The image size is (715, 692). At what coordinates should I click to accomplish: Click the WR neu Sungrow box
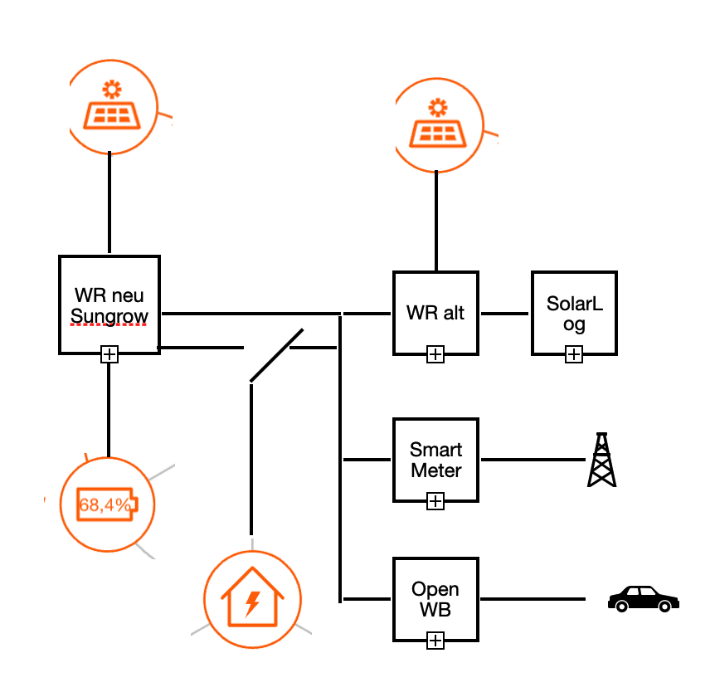point(109,305)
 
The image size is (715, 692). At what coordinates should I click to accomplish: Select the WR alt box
point(435,314)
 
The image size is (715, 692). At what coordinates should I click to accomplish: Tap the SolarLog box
point(574,313)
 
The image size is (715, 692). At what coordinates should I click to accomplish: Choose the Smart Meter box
point(435,460)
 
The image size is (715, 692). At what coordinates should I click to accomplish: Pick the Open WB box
point(435,598)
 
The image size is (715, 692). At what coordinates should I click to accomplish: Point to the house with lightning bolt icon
point(252,598)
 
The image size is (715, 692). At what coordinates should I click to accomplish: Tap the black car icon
point(643,598)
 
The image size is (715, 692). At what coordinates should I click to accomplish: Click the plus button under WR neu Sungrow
point(109,355)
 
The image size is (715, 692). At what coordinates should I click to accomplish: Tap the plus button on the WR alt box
point(435,355)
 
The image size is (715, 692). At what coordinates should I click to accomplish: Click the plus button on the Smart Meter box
point(435,501)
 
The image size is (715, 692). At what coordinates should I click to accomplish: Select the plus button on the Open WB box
point(435,641)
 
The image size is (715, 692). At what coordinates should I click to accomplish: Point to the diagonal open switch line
point(276,356)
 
